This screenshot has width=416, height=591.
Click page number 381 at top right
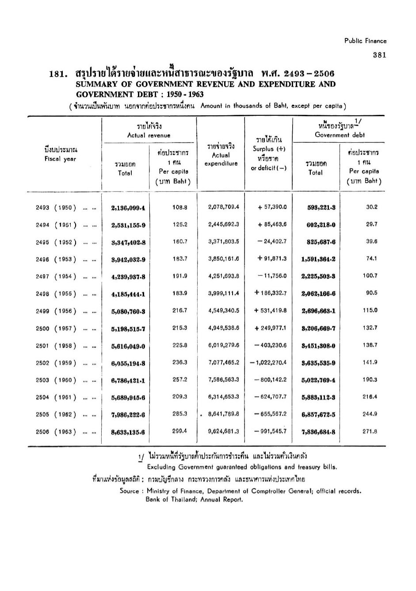coord(379,55)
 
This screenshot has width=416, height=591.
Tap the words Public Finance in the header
coord(365,41)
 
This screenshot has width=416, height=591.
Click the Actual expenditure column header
coord(221,159)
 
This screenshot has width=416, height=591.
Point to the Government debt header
coord(340,135)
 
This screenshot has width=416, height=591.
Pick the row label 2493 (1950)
coord(56,208)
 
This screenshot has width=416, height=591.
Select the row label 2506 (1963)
coord(56,432)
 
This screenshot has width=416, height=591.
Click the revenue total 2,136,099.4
coord(128,208)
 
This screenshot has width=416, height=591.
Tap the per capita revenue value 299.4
coord(179,431)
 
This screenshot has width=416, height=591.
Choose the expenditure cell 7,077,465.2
coord(223,362)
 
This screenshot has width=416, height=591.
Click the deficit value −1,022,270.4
coord(268,362)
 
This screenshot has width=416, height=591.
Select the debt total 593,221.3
coord(321,208)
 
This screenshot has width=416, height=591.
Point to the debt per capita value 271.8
coord(370,431)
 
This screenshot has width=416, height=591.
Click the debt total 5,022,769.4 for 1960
coord(318,380)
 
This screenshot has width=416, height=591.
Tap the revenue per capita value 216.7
coord(179,310)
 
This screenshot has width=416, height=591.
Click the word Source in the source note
coord(129,491)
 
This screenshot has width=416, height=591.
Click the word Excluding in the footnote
coord(161,467)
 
